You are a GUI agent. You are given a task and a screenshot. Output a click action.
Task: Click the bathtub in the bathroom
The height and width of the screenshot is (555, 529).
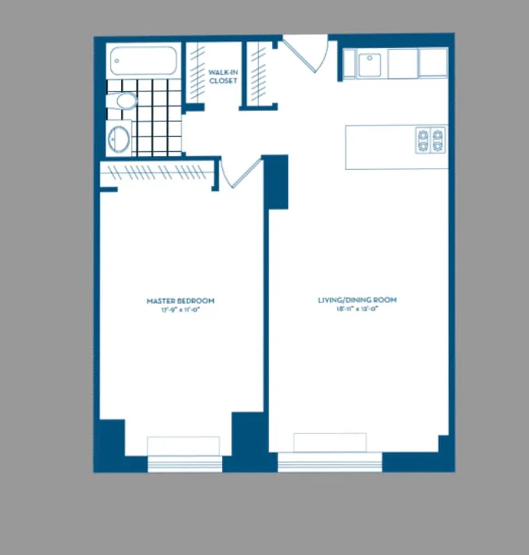pyautogui.click(x=144, y=60)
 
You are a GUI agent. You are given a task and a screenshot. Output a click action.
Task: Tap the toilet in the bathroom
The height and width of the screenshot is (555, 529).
pyautogui.click(x=125, y=101)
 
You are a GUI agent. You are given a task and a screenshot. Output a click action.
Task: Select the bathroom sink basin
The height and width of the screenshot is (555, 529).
pyautogui.click(x=120, y=138)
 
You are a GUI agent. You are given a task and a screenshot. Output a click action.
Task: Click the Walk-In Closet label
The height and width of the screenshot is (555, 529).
pyautogui.click(x=223, y=76)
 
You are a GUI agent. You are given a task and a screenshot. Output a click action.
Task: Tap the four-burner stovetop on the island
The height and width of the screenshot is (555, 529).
pyautogui.click(x=430, y=139)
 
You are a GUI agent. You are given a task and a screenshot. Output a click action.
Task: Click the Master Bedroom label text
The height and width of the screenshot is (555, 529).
pyautogui.click(x=180, y=300)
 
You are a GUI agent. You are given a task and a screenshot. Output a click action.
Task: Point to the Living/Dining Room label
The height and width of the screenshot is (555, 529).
pyautogui.click(x=358, y=300)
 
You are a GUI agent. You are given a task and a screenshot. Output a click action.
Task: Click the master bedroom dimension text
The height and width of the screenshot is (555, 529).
pyautogui.click(x=180, y=309)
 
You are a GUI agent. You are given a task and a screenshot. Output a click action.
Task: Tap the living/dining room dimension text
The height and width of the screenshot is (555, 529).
pyautogui.click(x=358, y=309)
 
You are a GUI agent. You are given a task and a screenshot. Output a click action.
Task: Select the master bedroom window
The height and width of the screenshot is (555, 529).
pyautogui.click(x=184, y=463)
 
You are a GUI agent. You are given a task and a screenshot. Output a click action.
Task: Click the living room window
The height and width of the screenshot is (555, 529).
pyautogui.click(x=330, y=461)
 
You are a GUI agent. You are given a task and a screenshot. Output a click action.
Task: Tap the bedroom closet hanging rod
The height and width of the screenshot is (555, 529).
pyautogui.click(x=156, y=171)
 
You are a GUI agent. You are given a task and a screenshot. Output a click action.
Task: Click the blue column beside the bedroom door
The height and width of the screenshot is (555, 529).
pyautogui.click(x=276, y=182)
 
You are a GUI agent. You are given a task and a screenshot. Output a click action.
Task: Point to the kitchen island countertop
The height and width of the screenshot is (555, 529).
pyautogui.click(x=378, y=147)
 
